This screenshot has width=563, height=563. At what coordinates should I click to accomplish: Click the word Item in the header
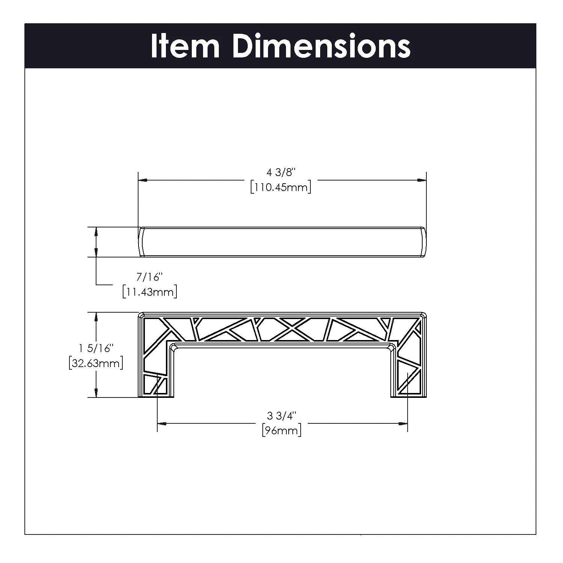coord(185,46)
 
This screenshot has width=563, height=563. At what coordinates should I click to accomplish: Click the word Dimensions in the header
coord(321,46)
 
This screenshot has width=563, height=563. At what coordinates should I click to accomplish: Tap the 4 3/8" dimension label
coord(281,172)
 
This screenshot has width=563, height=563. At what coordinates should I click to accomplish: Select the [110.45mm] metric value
coord(281,187)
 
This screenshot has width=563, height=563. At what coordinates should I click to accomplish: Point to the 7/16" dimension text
coord(149,277)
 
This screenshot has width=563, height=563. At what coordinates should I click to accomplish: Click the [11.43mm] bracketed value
coord(149,292)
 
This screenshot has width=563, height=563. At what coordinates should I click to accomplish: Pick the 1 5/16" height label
coord(96,348)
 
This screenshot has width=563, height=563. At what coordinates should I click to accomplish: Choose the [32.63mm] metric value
coord(96,363)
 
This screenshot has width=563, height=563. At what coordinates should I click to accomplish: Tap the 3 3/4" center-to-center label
coord(281,415)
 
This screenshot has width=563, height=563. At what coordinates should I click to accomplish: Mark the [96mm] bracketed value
coord(281,430)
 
